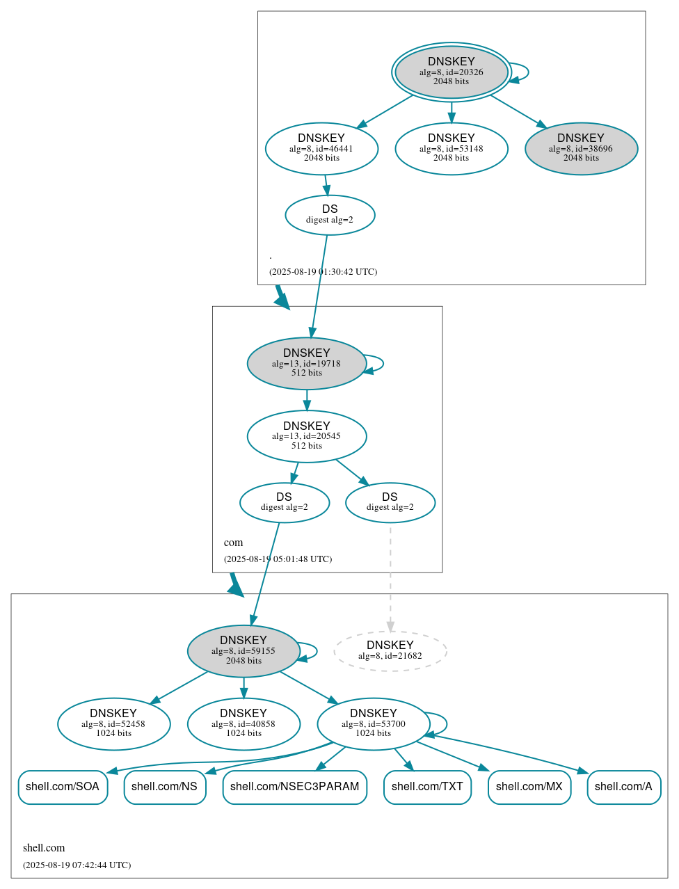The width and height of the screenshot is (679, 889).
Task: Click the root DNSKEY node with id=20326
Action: click(451, 72)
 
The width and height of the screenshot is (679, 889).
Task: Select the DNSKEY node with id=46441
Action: click(321, 148)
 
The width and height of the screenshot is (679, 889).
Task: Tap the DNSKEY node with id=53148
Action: click(451, 148)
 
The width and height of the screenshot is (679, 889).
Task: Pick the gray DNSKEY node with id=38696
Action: click(581, 148)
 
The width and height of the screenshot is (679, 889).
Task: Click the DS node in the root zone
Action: click(330, 215)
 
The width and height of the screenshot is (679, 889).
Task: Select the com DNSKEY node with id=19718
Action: click(306, 363)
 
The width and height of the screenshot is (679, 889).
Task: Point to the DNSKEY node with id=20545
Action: click(306, 436)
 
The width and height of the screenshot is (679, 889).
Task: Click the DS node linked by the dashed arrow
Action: click(390, 502)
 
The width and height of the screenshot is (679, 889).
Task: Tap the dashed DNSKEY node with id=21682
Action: click(390, 650)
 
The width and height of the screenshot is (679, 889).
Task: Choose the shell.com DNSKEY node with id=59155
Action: click(243, 650)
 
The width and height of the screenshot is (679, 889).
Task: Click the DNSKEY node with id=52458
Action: click(113, 723)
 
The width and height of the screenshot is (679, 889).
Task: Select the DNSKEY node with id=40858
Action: click(243, 723)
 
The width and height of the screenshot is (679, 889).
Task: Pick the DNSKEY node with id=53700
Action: click(373, 723)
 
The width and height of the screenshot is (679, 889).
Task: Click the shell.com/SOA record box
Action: click(63, 787)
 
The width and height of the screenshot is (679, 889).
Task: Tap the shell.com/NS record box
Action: click(164, 787)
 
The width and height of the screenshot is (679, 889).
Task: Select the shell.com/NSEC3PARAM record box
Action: click(294, 787)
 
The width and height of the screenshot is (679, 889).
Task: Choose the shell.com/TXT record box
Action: click(427, 787)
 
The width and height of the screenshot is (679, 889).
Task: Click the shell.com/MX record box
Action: click(529, 787)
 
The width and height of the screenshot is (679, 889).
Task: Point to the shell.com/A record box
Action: click(623, 787)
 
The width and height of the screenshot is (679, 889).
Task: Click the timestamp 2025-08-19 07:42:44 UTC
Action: click(77, 865)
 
